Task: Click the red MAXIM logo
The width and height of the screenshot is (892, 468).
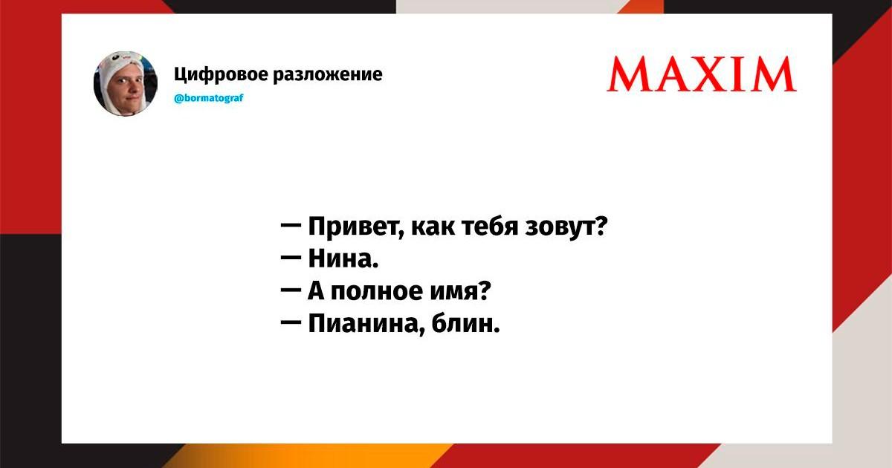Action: click(702, 74)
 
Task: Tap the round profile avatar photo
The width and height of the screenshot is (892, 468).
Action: click(126, 83)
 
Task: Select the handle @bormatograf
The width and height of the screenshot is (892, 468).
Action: click(209, 98)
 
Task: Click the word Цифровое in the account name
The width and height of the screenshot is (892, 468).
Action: click(221, 75)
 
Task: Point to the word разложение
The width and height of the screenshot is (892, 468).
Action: click(327, 74)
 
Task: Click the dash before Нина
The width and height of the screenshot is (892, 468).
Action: click(291, 258)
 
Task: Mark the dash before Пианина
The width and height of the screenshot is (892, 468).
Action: click(291, 322)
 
